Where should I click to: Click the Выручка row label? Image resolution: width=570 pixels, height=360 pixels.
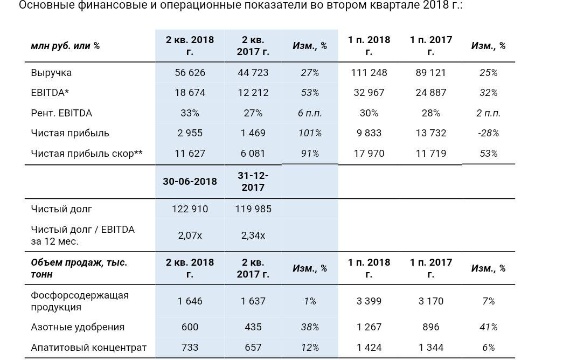click(51, 73)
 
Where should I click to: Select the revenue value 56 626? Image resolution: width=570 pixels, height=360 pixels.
click(190, 73)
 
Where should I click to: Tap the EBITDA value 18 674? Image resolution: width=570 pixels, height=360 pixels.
click(190, 93)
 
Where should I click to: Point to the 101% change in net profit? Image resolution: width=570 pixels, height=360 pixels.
click(310, 133)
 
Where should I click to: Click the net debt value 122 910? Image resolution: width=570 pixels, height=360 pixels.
click(190, 209)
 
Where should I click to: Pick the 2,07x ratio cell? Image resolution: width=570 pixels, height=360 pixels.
click(190, 235)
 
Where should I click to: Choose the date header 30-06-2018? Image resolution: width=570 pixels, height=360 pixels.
click(190, 181)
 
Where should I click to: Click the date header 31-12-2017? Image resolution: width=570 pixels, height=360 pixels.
click(253, 181)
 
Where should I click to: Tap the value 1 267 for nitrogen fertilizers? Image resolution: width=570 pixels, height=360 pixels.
click(369, 327)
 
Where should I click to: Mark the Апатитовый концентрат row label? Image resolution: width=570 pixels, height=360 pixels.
click(89, 348)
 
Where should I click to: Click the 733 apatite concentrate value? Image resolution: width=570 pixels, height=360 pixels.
click(190, 348)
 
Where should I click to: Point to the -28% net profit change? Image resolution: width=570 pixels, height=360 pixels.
click(489, 133)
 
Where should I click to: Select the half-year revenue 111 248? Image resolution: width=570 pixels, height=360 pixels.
click(369, 73)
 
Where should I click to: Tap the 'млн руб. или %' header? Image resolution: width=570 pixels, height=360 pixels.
click(65, 46)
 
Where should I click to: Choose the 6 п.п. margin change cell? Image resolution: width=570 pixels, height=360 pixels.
click(310, 113)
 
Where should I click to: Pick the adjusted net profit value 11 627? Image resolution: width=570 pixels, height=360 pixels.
click(190, 154)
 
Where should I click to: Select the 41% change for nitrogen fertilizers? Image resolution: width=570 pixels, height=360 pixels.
click(489, 327)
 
